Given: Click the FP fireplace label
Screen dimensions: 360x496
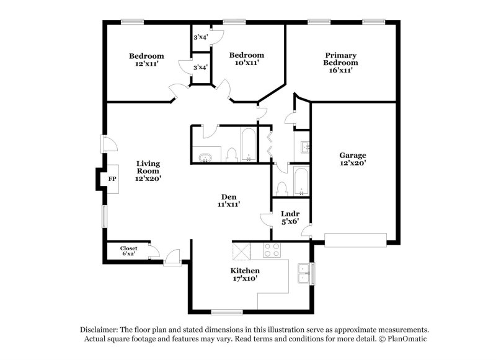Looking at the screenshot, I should click(x=112, y=179).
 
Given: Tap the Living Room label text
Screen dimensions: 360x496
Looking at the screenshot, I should click(x=148, y=171).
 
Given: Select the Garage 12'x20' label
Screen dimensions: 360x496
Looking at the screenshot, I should click(x=352, y=159).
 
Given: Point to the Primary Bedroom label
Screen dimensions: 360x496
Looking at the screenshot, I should click(x=341, y=63).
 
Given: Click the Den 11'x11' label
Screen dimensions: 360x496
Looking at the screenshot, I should click(x=228, y=200).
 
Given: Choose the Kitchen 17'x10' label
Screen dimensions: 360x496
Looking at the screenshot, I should click(x=245, y=275).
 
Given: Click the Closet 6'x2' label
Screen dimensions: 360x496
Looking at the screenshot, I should click(x=129, y=251).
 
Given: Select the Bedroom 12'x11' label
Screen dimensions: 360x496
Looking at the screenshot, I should click(x=147, y=59).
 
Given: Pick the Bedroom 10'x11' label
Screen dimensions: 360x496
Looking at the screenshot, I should click(x=246, y=59).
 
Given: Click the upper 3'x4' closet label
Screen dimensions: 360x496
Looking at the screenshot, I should click(x=200, y=38).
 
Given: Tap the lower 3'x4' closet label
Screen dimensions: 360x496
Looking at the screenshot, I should click(x=200, y=67).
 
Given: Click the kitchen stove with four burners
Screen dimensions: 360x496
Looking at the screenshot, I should click(x=272, y=250).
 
